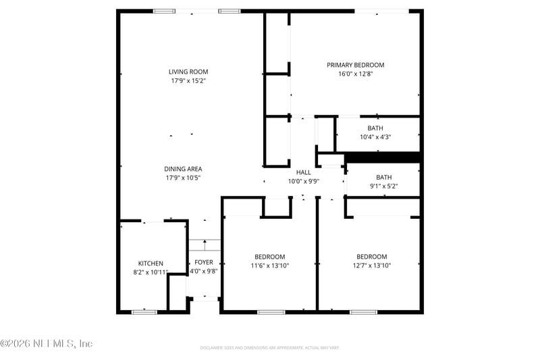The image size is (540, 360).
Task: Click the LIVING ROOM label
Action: click(x=188, y=72)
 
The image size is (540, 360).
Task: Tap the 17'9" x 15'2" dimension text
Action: click(x=188, y=81)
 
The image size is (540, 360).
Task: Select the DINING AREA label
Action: click(x=184, y=169)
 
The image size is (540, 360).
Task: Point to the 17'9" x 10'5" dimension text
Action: click(x=184, y=178)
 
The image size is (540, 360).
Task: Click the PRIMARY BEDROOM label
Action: click(x=355, y=65)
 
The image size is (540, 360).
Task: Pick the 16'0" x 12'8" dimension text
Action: click(x=355, y=74)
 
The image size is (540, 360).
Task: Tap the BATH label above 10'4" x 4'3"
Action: click(x=375, y=128)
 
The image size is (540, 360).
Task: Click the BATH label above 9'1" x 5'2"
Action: click(x=383, y=177)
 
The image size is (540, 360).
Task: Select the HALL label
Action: click(x=304, y=172)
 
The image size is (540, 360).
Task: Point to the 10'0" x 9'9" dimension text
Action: click(x=304, y=181)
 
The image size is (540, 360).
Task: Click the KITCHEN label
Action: click(x=151, y=263)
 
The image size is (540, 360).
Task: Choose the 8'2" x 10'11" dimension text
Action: click(x=151, y=272)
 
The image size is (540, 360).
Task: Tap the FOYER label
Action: click(x=204, y=262)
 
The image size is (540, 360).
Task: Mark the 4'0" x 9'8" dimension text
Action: click(x=204, y=272)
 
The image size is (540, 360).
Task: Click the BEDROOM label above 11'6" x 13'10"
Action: click(x=269, y=257)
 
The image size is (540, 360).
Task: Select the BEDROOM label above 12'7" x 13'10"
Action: click(x=372, y=257)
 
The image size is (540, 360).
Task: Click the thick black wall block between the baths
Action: click(x=383, y=157)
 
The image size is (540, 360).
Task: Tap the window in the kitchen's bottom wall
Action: click(x=144, y=311)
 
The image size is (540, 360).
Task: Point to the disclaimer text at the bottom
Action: click(x=269, y=348)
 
